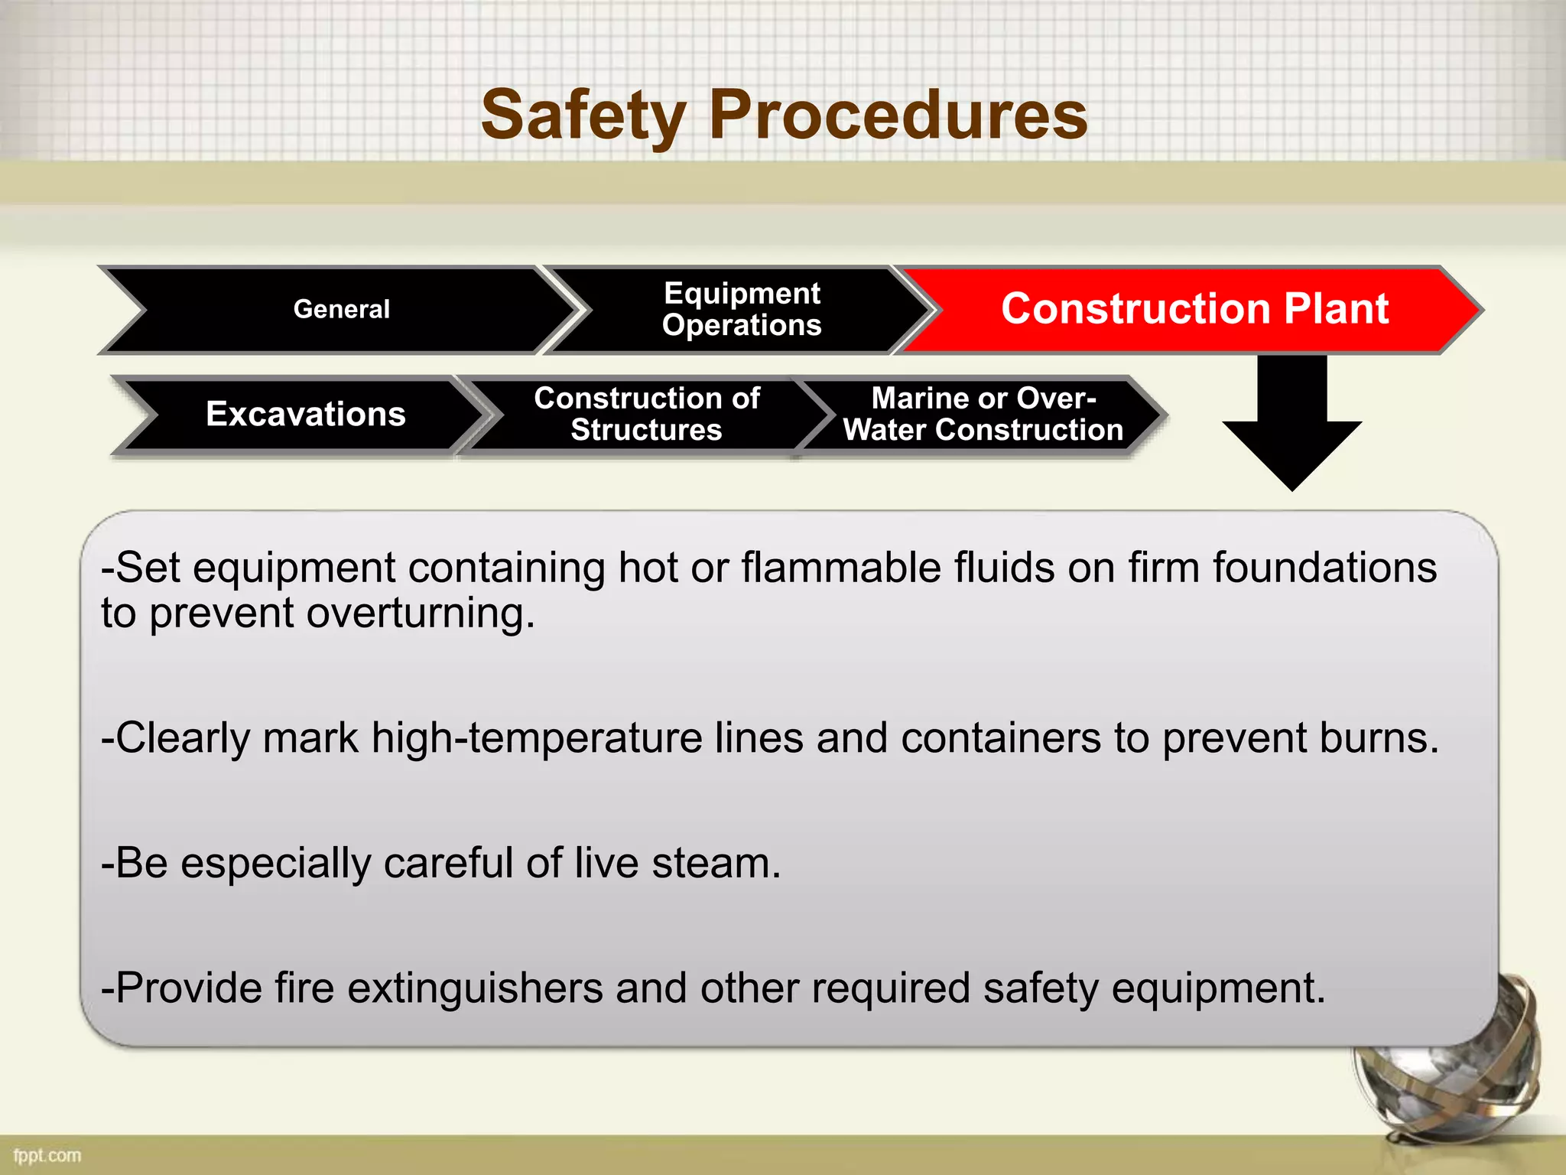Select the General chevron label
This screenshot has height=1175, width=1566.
click(341, 309)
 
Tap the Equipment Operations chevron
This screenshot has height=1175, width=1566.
click(741, 309)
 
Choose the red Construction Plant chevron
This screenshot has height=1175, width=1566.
click(1194, 309)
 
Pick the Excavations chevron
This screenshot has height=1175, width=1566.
click(305, 414)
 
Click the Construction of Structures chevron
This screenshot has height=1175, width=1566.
click(646, 414)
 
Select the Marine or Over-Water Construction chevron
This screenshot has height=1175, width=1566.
click(983, 414)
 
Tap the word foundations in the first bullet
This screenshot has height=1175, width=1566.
click(1324, 568)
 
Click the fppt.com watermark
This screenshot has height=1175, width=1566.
click(47, 1155)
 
